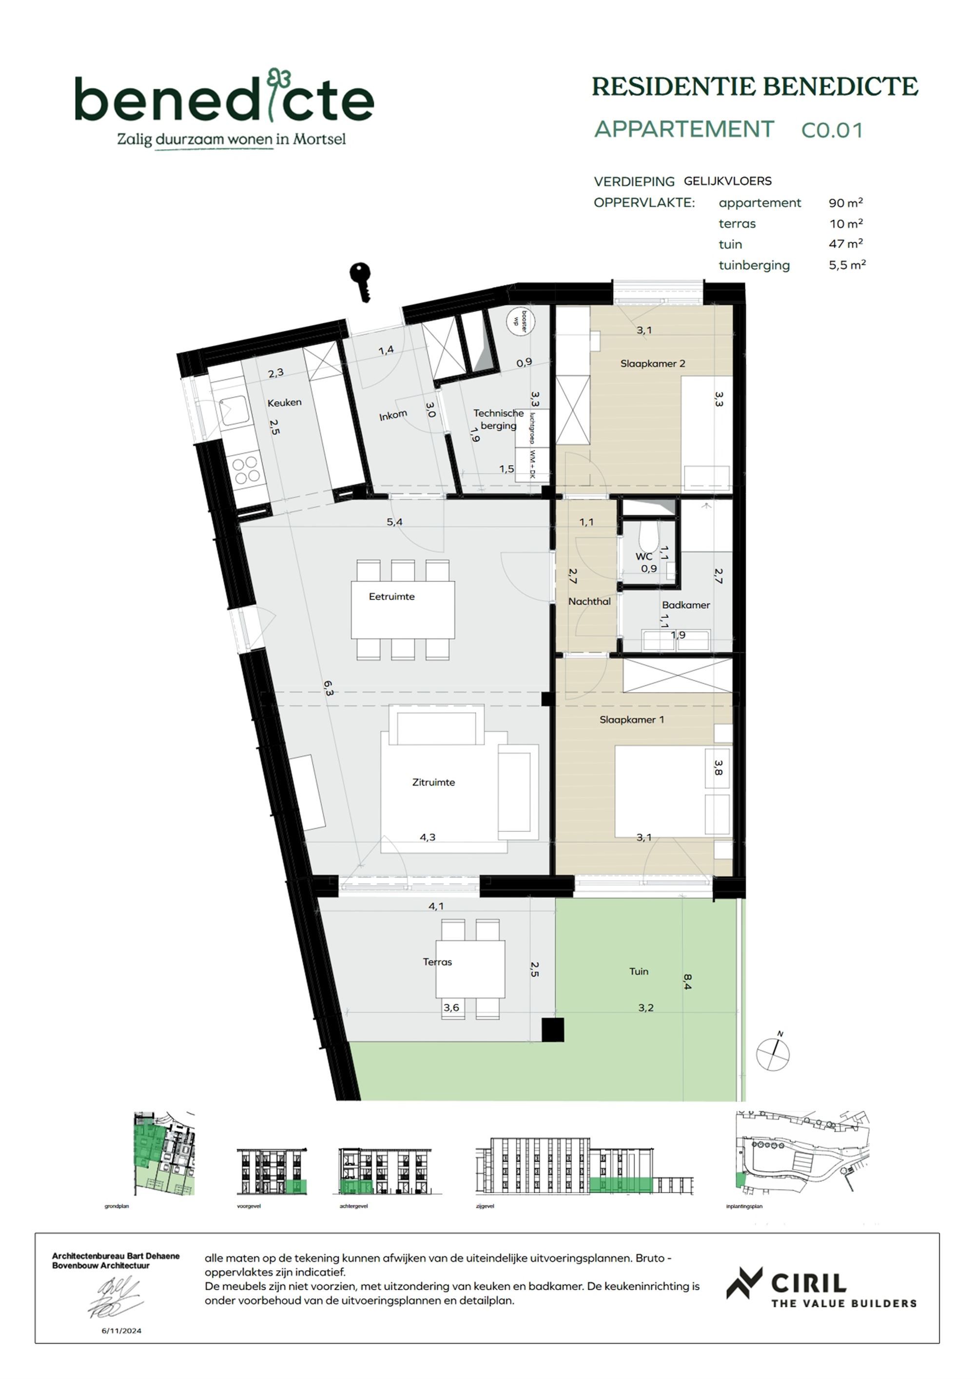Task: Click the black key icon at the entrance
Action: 361,281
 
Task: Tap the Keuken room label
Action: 285,402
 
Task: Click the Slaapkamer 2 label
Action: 653,363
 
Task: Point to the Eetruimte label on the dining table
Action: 391,597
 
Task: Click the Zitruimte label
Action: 433,782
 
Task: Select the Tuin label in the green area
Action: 639,971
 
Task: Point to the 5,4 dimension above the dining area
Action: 394,522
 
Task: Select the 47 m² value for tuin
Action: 846,244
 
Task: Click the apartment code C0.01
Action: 832,130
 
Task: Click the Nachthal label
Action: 589,601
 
